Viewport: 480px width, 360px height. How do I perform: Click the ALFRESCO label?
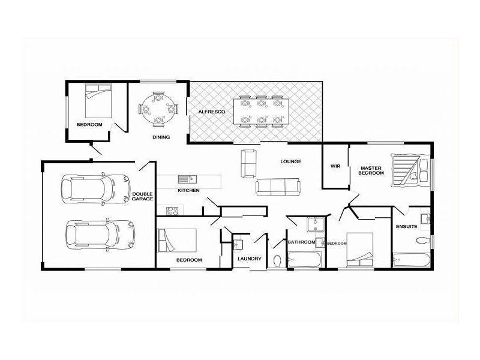tap(212, 112)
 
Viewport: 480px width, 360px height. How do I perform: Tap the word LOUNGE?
tap(291, 161)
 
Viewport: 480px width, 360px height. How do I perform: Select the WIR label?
tap(335, 166)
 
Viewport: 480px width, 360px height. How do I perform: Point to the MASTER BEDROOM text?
tap(371, 170)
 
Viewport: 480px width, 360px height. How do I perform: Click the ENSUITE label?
tap(407, 227)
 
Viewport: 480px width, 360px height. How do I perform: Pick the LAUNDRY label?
tap(250, 259)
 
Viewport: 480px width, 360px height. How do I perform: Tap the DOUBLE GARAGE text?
tap(143, 197)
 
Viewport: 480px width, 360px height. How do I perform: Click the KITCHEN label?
tap(188, 190)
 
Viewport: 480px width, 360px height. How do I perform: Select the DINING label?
tap(161, 137)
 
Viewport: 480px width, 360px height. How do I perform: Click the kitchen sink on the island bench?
tap(187, 179)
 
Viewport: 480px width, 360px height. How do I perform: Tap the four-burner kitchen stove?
tap(172, 211)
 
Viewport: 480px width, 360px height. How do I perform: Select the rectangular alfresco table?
tap(261, 111)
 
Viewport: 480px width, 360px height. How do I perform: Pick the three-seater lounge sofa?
tap(278, 187)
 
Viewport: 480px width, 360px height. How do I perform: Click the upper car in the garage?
tap(96, 189)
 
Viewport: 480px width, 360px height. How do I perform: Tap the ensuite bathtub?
tap(412, 260)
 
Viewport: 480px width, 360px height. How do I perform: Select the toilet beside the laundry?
tap(277, 261)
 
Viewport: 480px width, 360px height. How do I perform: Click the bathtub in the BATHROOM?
tap(305, 260)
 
